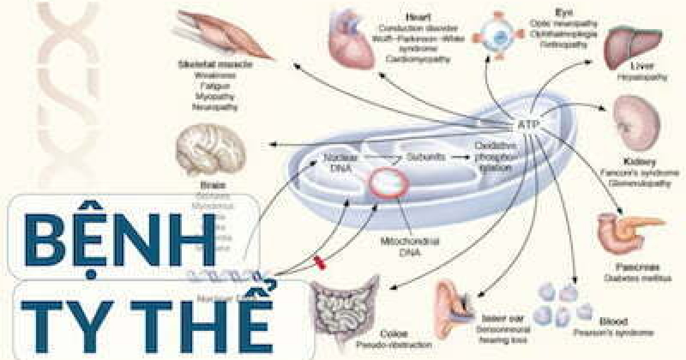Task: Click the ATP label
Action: pyautogui.click(x=527, y=125)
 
